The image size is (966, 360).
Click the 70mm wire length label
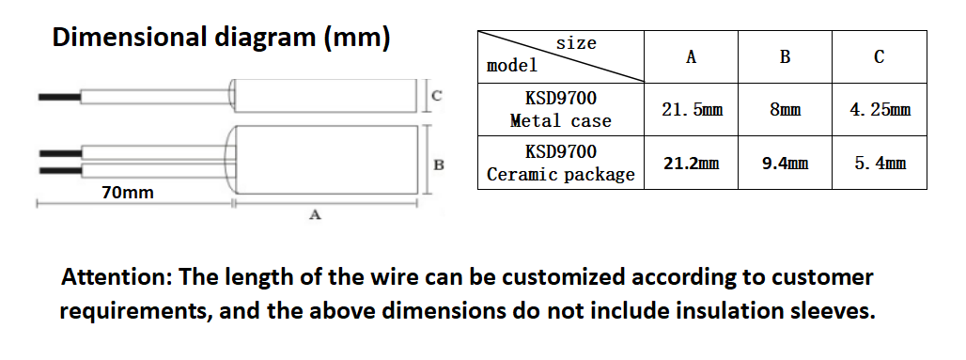(x=127, y=193)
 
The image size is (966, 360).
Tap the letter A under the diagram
(x=316, y=215)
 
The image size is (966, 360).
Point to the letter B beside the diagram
(x=439, y=165)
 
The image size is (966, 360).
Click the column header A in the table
(x=691, y=57)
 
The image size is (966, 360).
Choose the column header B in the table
(x=785, y=57)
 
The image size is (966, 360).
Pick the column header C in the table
(x=879, y=57)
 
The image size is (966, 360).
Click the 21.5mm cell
(x=692, y=110)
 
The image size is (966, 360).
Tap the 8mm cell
(x=785, y=110)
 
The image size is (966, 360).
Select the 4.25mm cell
(x=880, y=110)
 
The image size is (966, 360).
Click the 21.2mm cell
(x=692, y=163)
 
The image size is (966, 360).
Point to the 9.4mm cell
(x=785, y=163)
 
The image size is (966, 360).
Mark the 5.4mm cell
(x=880, y=163)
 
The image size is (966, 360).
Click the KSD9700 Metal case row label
(x=560, y=109)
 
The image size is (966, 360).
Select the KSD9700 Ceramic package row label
(x=560, y=163)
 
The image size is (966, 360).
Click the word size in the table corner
(x=576, y=43)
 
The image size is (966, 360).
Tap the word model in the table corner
(x=512, y=66)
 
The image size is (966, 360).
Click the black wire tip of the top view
(x=58, y=96)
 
